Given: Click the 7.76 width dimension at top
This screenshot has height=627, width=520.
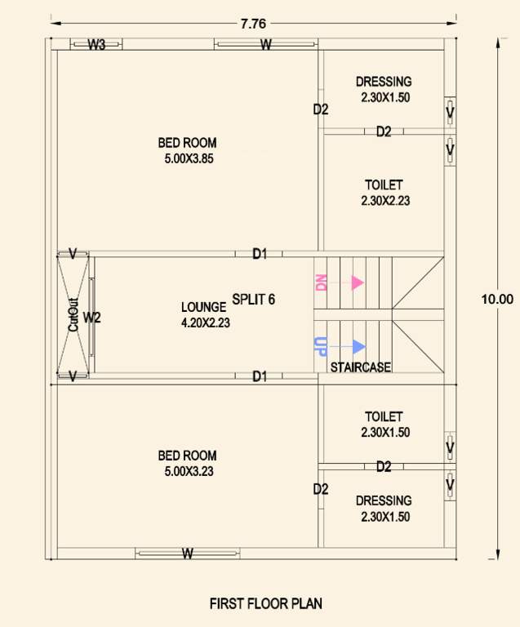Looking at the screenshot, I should pyautogui.click(x=253, y=23).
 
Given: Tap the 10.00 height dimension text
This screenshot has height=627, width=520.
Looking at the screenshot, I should pyautogui.click(x=497, y=300).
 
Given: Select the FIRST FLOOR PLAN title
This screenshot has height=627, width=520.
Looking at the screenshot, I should pyautogui.click(x=266, y=604).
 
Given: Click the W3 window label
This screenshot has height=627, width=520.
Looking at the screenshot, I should pyautogui.click(x=96, y=45).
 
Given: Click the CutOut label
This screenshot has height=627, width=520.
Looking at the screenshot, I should pyautogui.click(x=73, y=314).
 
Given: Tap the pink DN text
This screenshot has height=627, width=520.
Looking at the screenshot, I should pyautogui.click(x=321, y=282).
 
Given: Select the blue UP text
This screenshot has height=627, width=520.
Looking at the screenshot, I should pyautogui.click(x=321, y=346).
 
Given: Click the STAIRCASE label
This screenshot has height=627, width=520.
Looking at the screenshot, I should pyautogui.click(x=360, y=368).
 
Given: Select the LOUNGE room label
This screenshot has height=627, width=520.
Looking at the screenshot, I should pyautogui.click(x=203, y=307).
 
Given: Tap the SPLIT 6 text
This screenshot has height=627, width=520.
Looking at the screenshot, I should pyautogui.click(x=253, y=300).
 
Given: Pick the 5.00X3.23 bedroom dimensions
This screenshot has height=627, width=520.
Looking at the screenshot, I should pyautogui.click(x=189, y=471).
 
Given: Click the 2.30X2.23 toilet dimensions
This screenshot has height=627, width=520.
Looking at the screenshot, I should pyautogui.click(x=384, y=200).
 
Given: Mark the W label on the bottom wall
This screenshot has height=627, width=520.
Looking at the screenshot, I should pyautogui.click(x=187, y=554).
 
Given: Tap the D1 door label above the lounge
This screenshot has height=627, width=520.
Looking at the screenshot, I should pyautogui.click(x=260, y=254).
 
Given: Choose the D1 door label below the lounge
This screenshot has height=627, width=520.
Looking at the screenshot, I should pyautogui.click(x=260, y=376).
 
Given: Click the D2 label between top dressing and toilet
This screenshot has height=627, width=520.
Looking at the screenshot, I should pyautogui.click(x=384, y=131).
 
